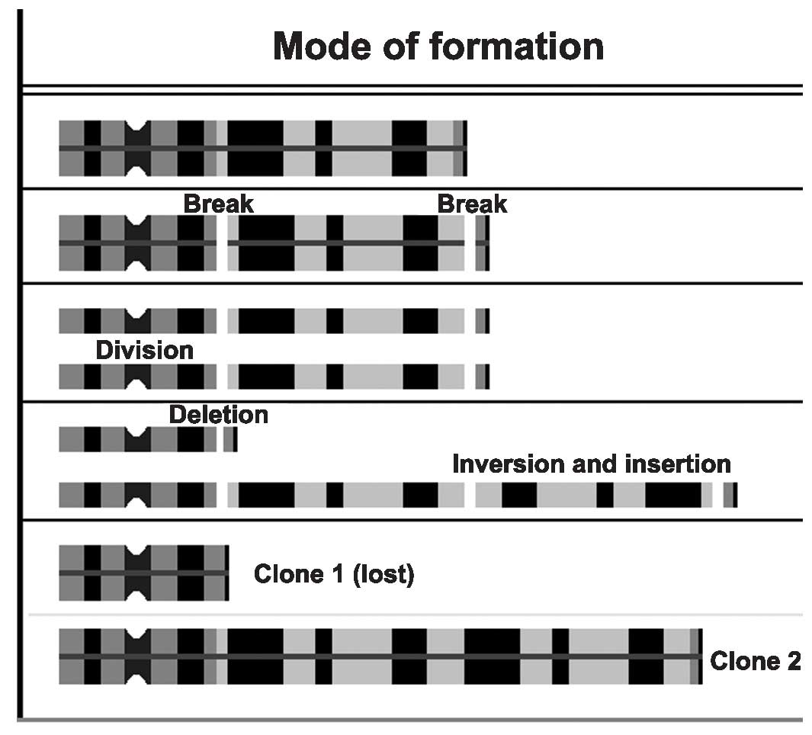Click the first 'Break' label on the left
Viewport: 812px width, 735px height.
click(x=218, y=204)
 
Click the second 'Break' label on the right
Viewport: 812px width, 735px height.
click(x=472, y=204)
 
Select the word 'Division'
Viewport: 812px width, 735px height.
click(x=144, y=350)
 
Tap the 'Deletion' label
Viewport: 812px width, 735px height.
click(x=218, y=415)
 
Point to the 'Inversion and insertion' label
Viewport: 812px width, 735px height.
click(x=591, y=464)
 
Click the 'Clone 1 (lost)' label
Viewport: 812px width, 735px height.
click(x=334, y=573)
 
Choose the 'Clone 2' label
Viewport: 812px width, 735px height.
click(x=755, y=660)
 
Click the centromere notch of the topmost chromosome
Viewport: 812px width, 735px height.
click(x=136, y=147)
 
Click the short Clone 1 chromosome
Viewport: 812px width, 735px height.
click(x=143, y=573)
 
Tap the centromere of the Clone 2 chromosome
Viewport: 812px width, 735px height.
click(x=136, y=656)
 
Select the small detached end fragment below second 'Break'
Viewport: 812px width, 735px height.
click(x=482, y=243)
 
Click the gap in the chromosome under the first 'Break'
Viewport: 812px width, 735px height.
click(x=222, y=243)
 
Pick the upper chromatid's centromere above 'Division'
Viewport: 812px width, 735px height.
click(x=136, y=321)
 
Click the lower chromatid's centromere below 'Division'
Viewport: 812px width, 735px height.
click(x=136, y=377)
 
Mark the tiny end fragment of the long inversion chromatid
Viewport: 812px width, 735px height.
click(x=730, y=495)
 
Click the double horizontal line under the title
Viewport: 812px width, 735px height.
click(x=412, y=89)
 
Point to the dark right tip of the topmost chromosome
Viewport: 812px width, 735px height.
click(x=464, y=147)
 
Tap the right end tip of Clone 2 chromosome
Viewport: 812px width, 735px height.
click(x=700, y=656)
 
